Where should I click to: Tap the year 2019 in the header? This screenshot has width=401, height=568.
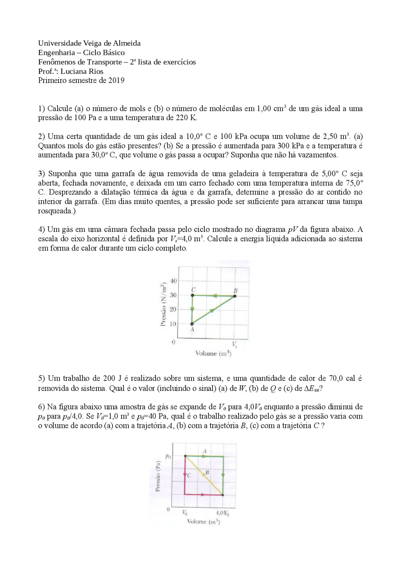[116, 81]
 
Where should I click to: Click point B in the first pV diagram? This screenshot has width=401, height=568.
[235, 295]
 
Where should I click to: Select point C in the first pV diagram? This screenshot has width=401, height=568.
[192, 295]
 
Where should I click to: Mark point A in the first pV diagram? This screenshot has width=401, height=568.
[192, 324]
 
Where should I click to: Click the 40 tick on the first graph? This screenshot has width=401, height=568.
[173, 281]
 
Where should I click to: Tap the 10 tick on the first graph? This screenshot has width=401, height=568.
[173, 324]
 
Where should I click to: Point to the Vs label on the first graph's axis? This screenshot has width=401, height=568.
[235, 344]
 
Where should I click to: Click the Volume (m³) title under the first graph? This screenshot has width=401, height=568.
[213, 353]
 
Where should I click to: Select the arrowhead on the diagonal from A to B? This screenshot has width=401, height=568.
[212, 311]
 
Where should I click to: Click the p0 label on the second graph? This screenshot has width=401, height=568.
[168, 457]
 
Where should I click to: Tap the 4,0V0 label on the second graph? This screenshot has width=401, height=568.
[222, 513]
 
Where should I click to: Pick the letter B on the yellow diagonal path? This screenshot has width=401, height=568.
[207, 472]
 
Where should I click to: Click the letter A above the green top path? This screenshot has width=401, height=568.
[205, 451]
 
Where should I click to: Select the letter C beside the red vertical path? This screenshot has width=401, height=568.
[189, 475]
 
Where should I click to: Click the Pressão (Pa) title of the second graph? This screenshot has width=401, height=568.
[158, 476]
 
